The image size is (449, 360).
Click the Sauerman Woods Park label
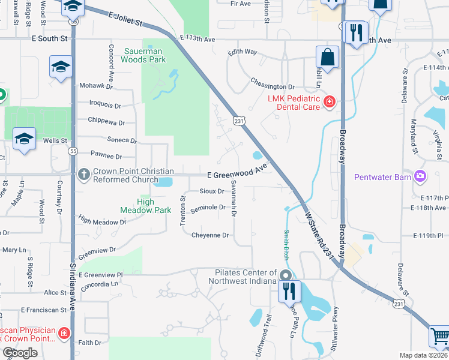click(144, 55)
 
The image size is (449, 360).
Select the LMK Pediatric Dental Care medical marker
click(329, 103)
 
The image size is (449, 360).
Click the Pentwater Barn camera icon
click(420, 176)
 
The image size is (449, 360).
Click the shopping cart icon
click(439, 337)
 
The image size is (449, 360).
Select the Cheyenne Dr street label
click(210, 235)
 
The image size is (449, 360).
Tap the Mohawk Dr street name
click(96, 86)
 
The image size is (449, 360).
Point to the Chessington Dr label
click(273, 87)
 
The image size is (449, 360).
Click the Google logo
click(19, 353)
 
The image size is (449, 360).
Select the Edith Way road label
click(242, 52)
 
